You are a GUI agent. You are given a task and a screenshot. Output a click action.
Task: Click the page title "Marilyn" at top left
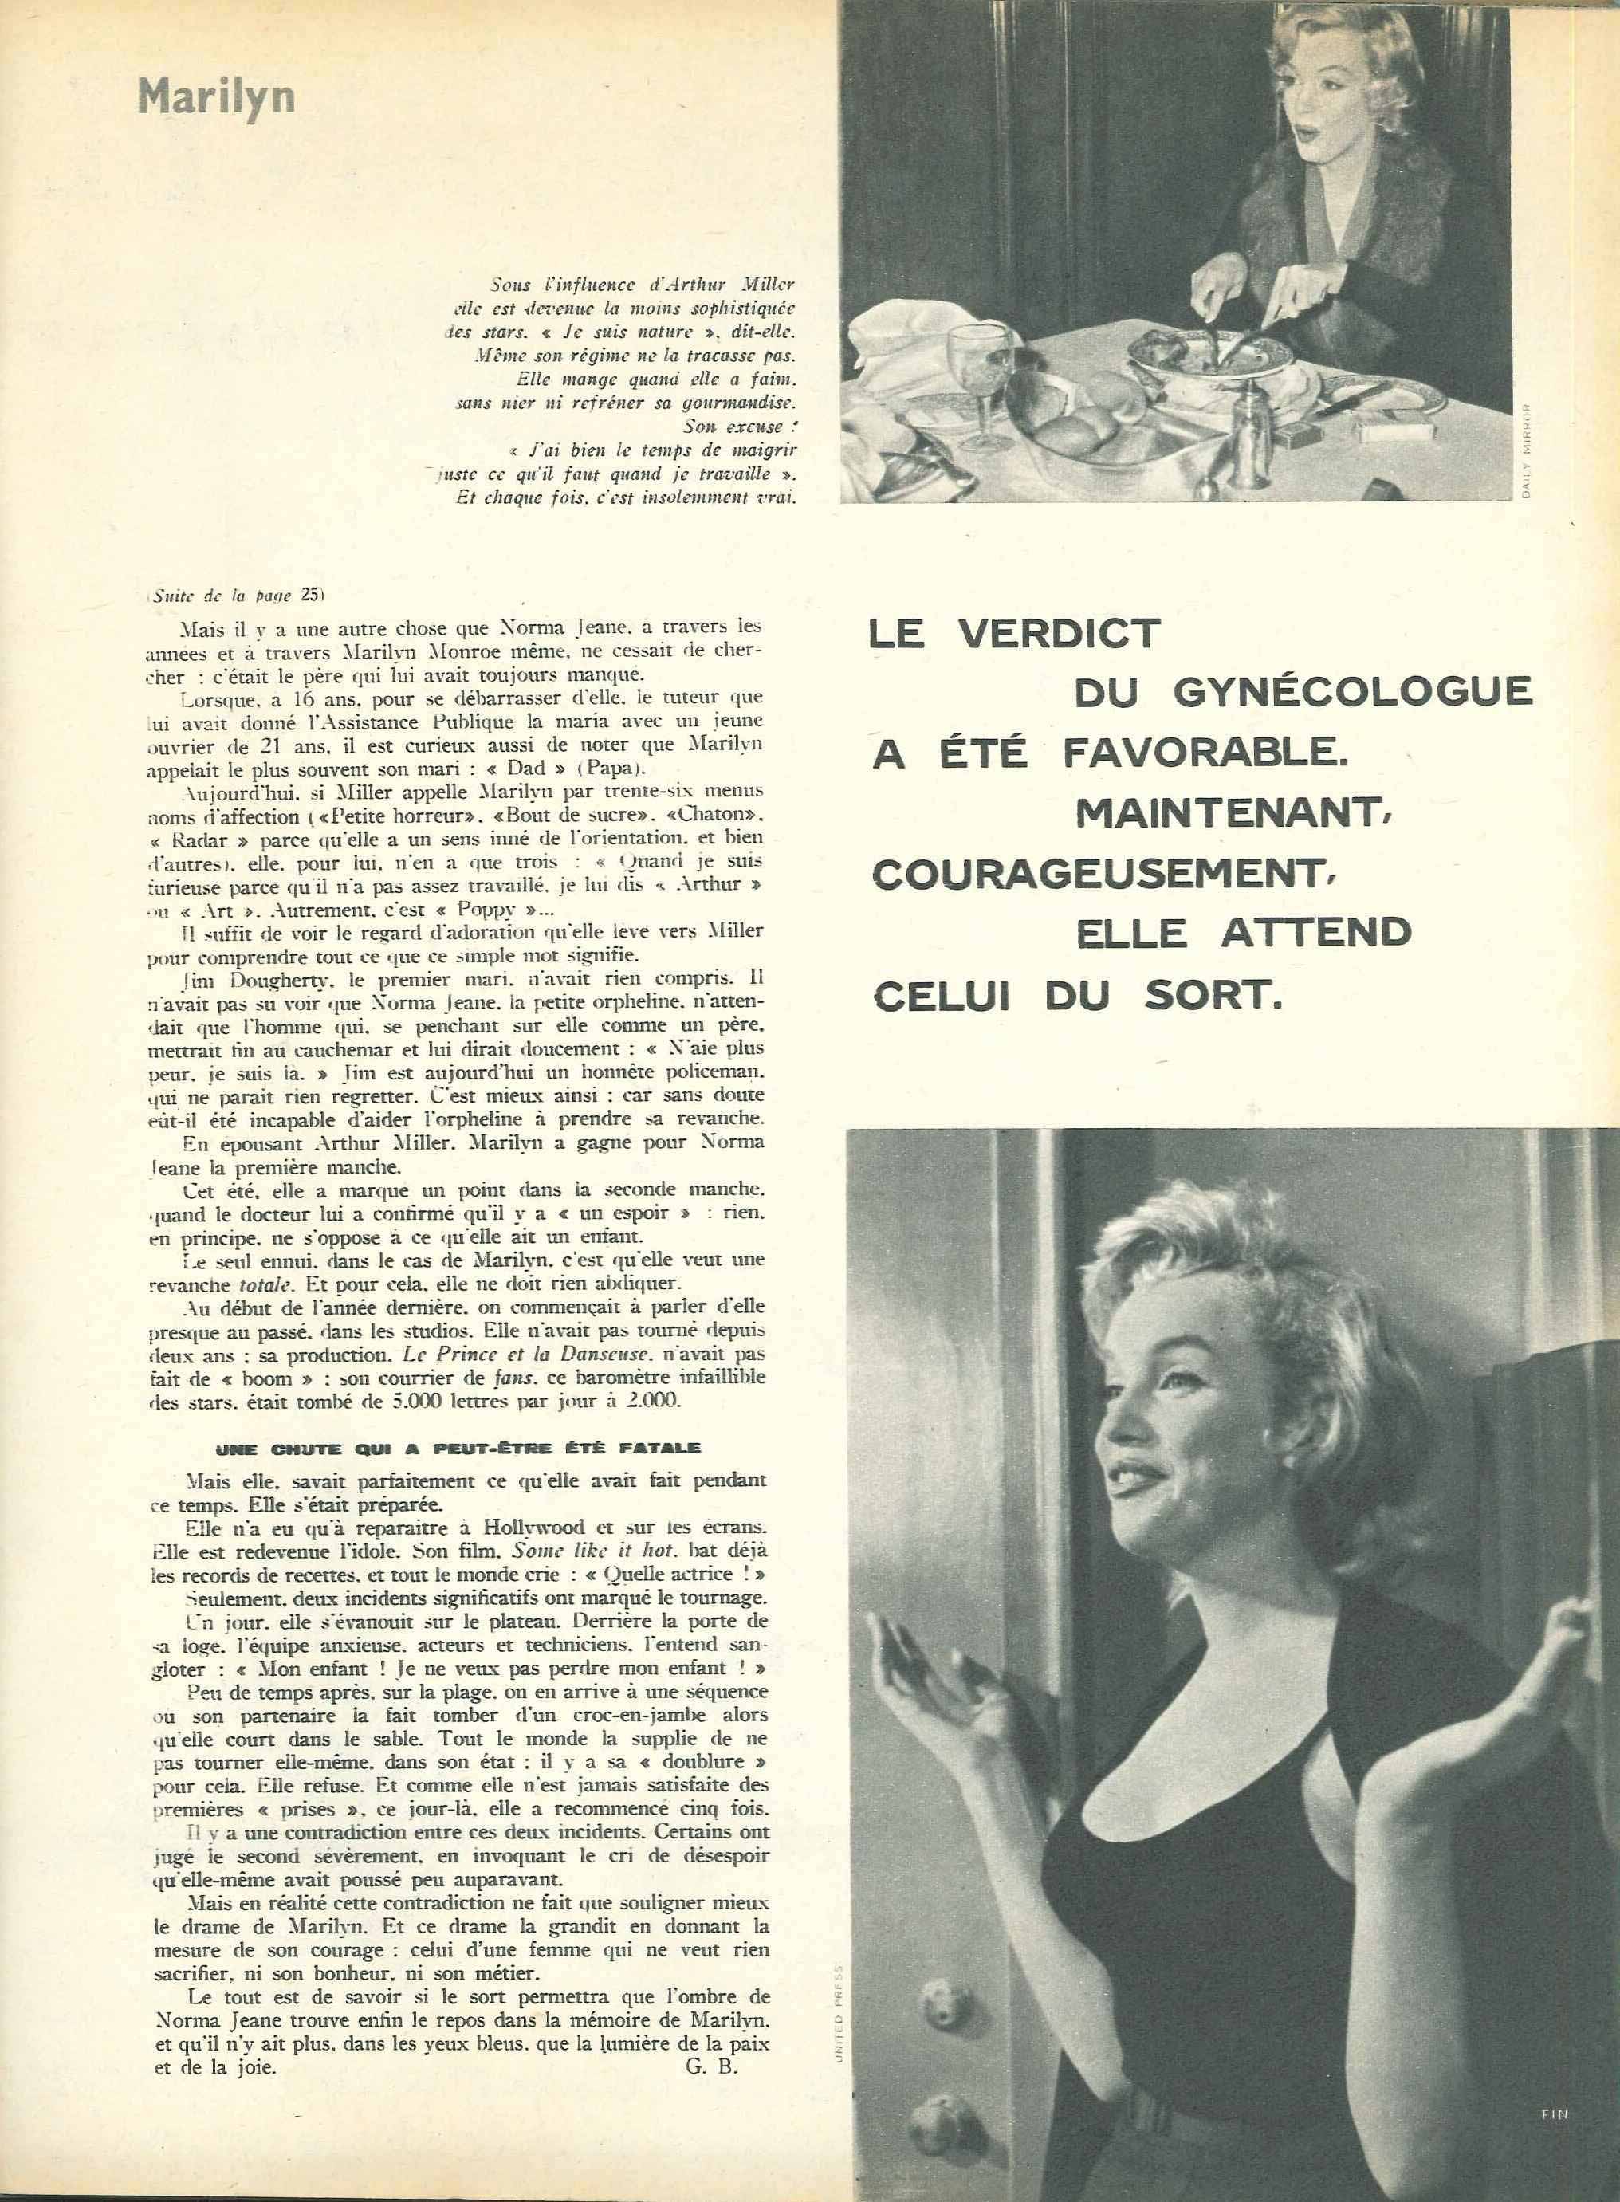[x=216, y=99]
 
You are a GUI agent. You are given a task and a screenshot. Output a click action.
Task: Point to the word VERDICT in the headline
[x=1059, y=633]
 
